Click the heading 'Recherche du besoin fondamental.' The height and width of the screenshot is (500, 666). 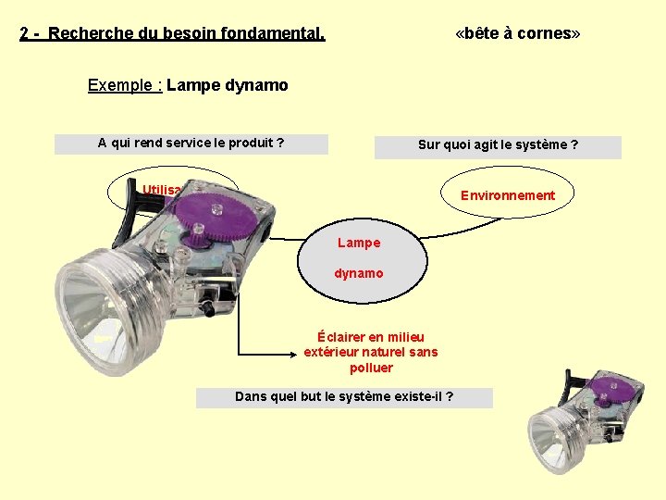click(186, 34)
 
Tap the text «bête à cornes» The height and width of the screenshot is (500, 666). click(518, 34)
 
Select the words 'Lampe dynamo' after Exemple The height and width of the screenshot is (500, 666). click(228, 85)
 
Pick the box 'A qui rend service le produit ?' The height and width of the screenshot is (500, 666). click(191, 144)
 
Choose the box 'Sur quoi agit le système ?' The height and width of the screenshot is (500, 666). click(498, 145)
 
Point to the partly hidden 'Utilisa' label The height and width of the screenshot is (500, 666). click(162, 191)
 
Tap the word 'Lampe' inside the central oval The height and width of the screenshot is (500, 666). click(359, 243)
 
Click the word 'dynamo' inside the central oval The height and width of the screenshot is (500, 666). click(359, 274)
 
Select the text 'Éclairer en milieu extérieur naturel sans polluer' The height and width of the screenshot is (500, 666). click(371, 352)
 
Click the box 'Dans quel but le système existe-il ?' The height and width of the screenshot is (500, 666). click(344, 397)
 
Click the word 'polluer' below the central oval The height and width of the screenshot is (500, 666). click(371, 368)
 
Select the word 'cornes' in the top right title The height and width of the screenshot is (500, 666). click(551, 34)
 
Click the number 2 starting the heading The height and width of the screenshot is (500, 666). click(24, 34)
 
